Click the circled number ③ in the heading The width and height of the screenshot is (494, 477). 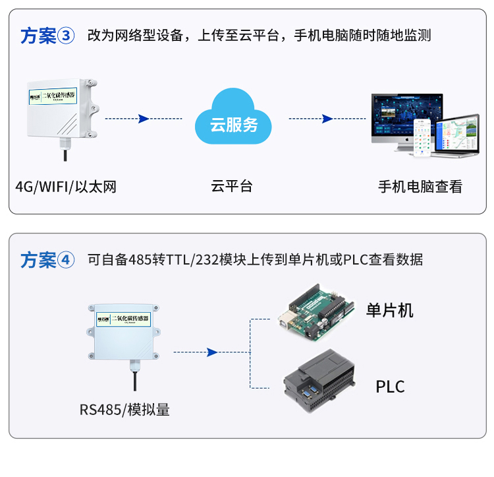67,36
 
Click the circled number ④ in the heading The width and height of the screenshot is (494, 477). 67,259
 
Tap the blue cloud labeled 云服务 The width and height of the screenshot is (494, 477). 234,119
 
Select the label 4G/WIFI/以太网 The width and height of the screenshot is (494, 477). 66,187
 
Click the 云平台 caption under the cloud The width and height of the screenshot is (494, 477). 232,187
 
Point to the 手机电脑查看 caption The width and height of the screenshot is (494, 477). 420,187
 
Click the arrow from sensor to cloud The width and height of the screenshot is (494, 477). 143,119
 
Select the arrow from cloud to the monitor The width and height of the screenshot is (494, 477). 326,119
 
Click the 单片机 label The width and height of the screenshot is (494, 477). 390,310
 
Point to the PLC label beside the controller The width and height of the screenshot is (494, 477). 390,386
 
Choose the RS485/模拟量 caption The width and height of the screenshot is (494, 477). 125,410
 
